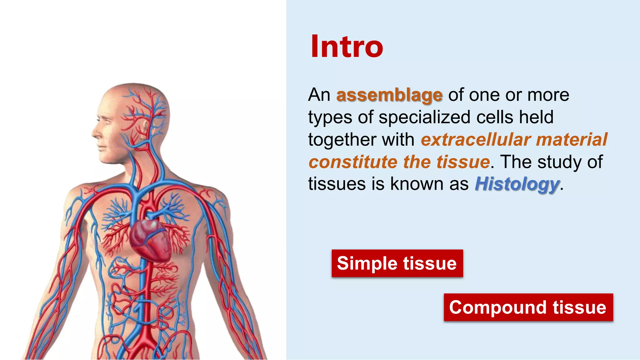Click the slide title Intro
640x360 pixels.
(347, 47)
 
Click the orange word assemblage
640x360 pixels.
(389, 95)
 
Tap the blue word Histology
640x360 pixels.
(517, 184)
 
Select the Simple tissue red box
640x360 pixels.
(397, 263)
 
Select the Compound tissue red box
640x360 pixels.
(528, 307)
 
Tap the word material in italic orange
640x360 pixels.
(572, 140)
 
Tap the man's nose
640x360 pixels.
(95, 133)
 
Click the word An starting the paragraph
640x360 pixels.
(319, 95)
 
